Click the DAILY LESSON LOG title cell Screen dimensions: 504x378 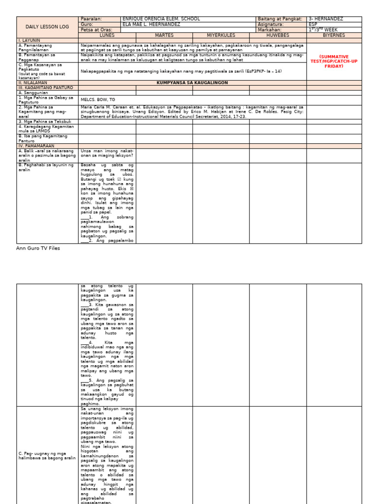tap(47, 27)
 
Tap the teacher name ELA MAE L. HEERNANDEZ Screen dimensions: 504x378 tap(152, 24)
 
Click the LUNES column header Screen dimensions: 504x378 tap(107, 35)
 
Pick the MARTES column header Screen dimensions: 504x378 tap(164, 35)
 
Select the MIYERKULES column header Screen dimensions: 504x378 tap(220, 35)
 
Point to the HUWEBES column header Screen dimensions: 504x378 tap(278, 35)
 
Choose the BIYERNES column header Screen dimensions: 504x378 tap(334, 35)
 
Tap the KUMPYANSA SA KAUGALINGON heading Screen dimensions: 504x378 tap(192, 83)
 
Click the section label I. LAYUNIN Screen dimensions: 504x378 tap(30, 40)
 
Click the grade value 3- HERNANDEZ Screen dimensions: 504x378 tap(326, 19)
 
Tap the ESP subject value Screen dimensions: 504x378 tap(313, 24)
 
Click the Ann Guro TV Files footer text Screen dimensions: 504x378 tap(38, 249)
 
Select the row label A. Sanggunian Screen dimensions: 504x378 tap(34, 92)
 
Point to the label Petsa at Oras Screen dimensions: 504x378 tap(95, 30)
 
